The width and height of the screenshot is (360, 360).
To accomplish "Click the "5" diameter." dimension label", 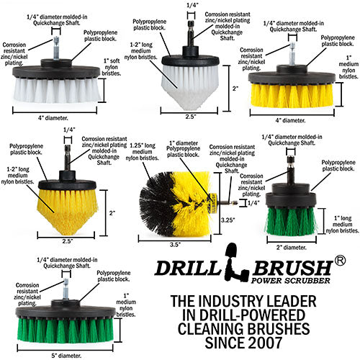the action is (x=66, y=356).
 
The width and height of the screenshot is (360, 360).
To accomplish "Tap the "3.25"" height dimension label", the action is (x=228, y=220).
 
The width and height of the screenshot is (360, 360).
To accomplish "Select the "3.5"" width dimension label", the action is (x=175, y=245).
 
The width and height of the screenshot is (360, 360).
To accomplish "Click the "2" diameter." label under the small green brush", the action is (x=292, y=248).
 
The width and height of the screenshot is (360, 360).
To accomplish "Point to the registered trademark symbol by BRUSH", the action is (x=340, y=261).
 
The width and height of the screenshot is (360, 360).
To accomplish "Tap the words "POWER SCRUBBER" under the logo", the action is (x=290, y=280).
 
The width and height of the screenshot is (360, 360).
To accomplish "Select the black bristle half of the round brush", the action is (x=156, y=204).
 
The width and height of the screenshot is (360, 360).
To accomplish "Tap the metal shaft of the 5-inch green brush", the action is (x=66, y=289).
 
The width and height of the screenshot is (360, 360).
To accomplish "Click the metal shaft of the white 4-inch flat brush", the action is (x=55, y=48).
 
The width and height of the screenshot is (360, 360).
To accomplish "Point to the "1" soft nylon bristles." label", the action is (x=111, y=67).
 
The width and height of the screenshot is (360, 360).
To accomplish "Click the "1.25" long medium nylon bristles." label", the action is (x=142, y=152).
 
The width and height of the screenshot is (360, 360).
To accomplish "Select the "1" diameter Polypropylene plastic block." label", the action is (x=184, y=149).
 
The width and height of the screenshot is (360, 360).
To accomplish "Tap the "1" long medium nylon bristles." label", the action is (x=343, y=225).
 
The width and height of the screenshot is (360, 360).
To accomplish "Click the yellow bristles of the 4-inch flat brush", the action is (x=292, y=95).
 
